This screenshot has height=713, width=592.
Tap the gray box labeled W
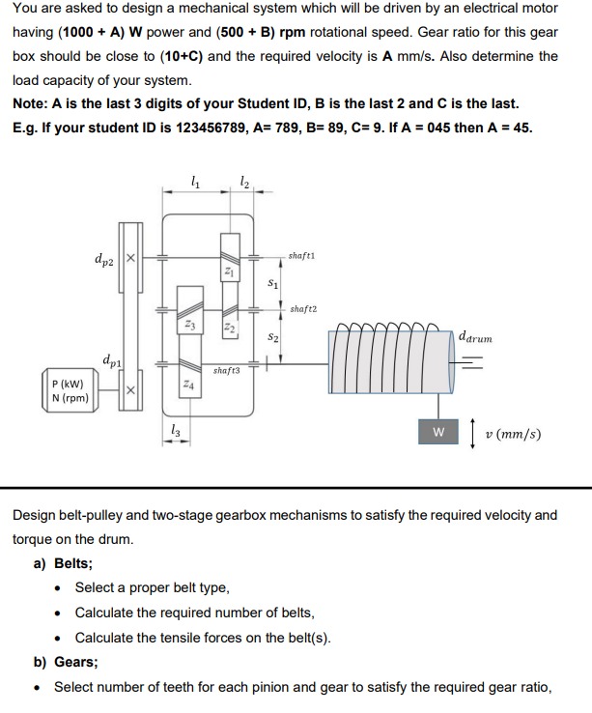pos(438,433)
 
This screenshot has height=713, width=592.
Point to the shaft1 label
pos(301,255)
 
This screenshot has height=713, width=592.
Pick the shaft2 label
pos(302,309)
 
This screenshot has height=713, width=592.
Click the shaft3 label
pos(226,370)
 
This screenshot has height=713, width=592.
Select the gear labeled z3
pos(190,328)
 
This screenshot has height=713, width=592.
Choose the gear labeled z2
pos(228,329)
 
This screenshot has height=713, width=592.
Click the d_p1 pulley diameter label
pos(110,360)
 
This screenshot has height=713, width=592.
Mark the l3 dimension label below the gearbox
pos(173,432)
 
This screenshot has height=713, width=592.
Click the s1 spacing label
pos(272,284)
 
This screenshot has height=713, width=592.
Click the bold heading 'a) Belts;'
pos(64,563)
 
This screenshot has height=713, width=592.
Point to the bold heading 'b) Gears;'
pos(66,662)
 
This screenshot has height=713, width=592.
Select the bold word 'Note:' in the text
pos(31,103)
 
